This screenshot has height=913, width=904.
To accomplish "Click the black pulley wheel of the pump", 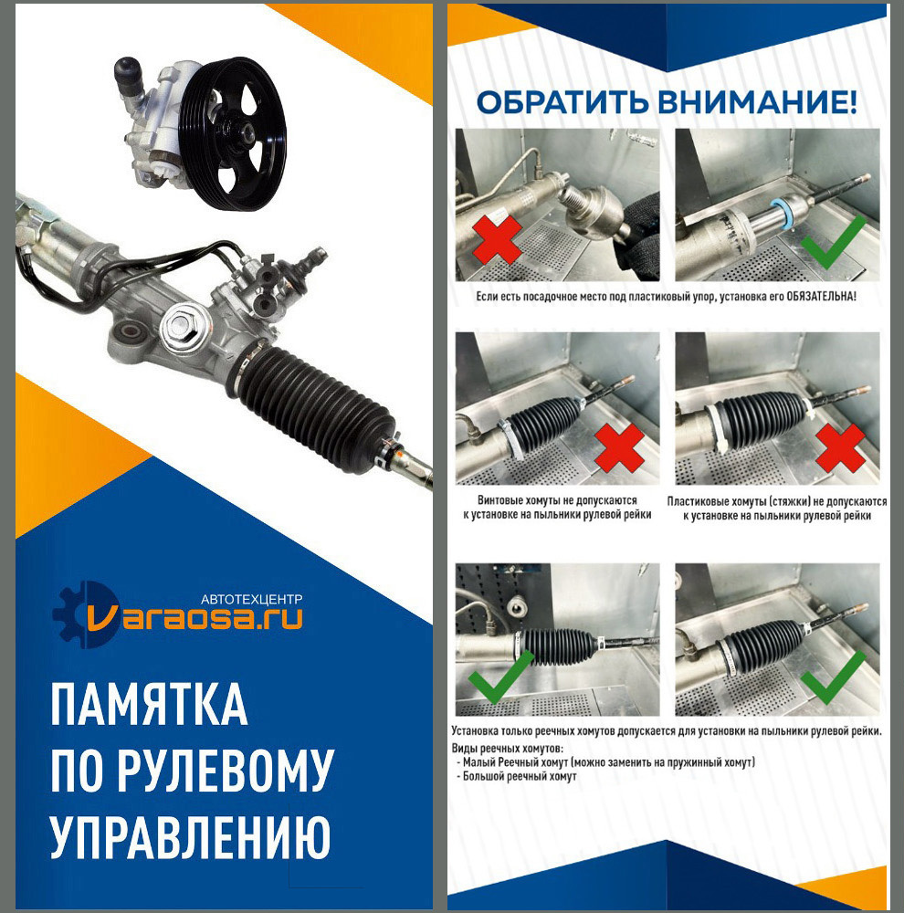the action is tap(233, 133).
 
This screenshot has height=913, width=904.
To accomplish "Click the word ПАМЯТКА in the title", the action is tap(149, 704).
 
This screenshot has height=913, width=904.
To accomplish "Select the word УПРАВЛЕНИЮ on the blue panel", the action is tap(190, 836).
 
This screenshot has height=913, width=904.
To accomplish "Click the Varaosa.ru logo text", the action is tap(195, 619).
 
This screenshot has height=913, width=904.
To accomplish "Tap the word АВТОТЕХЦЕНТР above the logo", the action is tap(252, 599).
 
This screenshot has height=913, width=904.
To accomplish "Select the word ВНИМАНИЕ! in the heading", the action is tap(757, 102).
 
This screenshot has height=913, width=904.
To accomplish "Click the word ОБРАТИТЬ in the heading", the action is tap(562, 102).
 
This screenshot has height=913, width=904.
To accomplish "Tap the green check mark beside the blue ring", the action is tap(833, 240).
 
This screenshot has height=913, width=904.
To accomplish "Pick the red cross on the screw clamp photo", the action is tap(620, 447).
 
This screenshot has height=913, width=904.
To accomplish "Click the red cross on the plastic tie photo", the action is tap(840, 447).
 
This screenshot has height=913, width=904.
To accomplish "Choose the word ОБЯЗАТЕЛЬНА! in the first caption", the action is tap(821, 297).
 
